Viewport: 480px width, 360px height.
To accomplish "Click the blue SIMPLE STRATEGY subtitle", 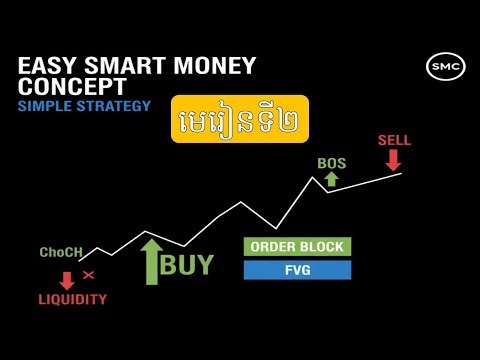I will tap(84, 105).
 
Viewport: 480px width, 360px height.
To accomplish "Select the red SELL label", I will tap(394, 140).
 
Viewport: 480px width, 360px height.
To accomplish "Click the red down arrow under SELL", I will tap(394, 160).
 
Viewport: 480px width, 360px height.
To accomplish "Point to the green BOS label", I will tap(331, 162).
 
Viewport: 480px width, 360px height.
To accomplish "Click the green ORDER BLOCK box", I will tap(297, 247).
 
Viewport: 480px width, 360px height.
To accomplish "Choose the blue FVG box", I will tap(297, 270).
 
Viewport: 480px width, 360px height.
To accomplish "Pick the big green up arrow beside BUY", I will tap(150, 262).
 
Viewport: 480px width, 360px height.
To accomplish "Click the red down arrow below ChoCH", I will tap(67, 279).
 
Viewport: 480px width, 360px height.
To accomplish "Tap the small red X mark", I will tap(88, 274).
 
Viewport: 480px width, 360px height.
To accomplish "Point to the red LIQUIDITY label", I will tap(72, 299).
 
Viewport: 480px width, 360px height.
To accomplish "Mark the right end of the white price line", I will tap(401, 174).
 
